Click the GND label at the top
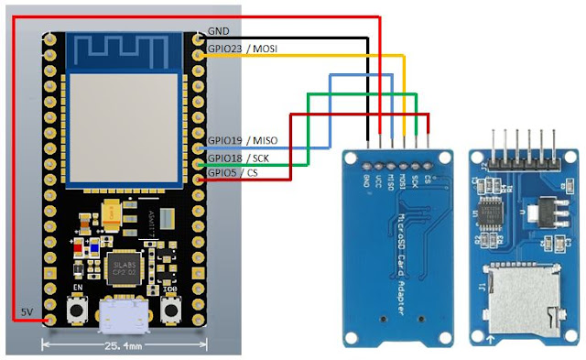219,31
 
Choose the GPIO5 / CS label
233,171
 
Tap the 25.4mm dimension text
124,345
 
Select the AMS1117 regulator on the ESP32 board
152,218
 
